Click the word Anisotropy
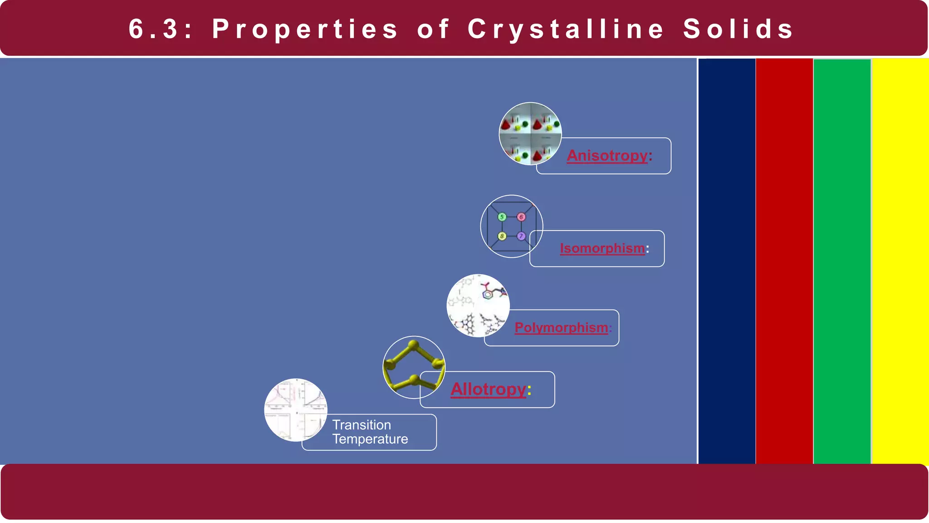(607, 156)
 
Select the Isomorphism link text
(602, 248)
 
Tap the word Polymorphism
(561, 327)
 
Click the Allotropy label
(488, 389)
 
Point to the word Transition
(362, 425)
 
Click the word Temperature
(370, 439)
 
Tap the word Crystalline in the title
(566, 29)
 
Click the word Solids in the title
(738, 29)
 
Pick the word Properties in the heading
(305, 29)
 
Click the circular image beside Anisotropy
(530, 133)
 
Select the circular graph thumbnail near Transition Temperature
(295, 410)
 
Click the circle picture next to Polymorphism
(478, 305)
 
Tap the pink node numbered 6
(521, 217)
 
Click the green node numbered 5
(502, 217)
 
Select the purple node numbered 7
(521, 236)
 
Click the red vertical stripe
(784, 261)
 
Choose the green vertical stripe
(842, 261)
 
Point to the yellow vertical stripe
(900, 261)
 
